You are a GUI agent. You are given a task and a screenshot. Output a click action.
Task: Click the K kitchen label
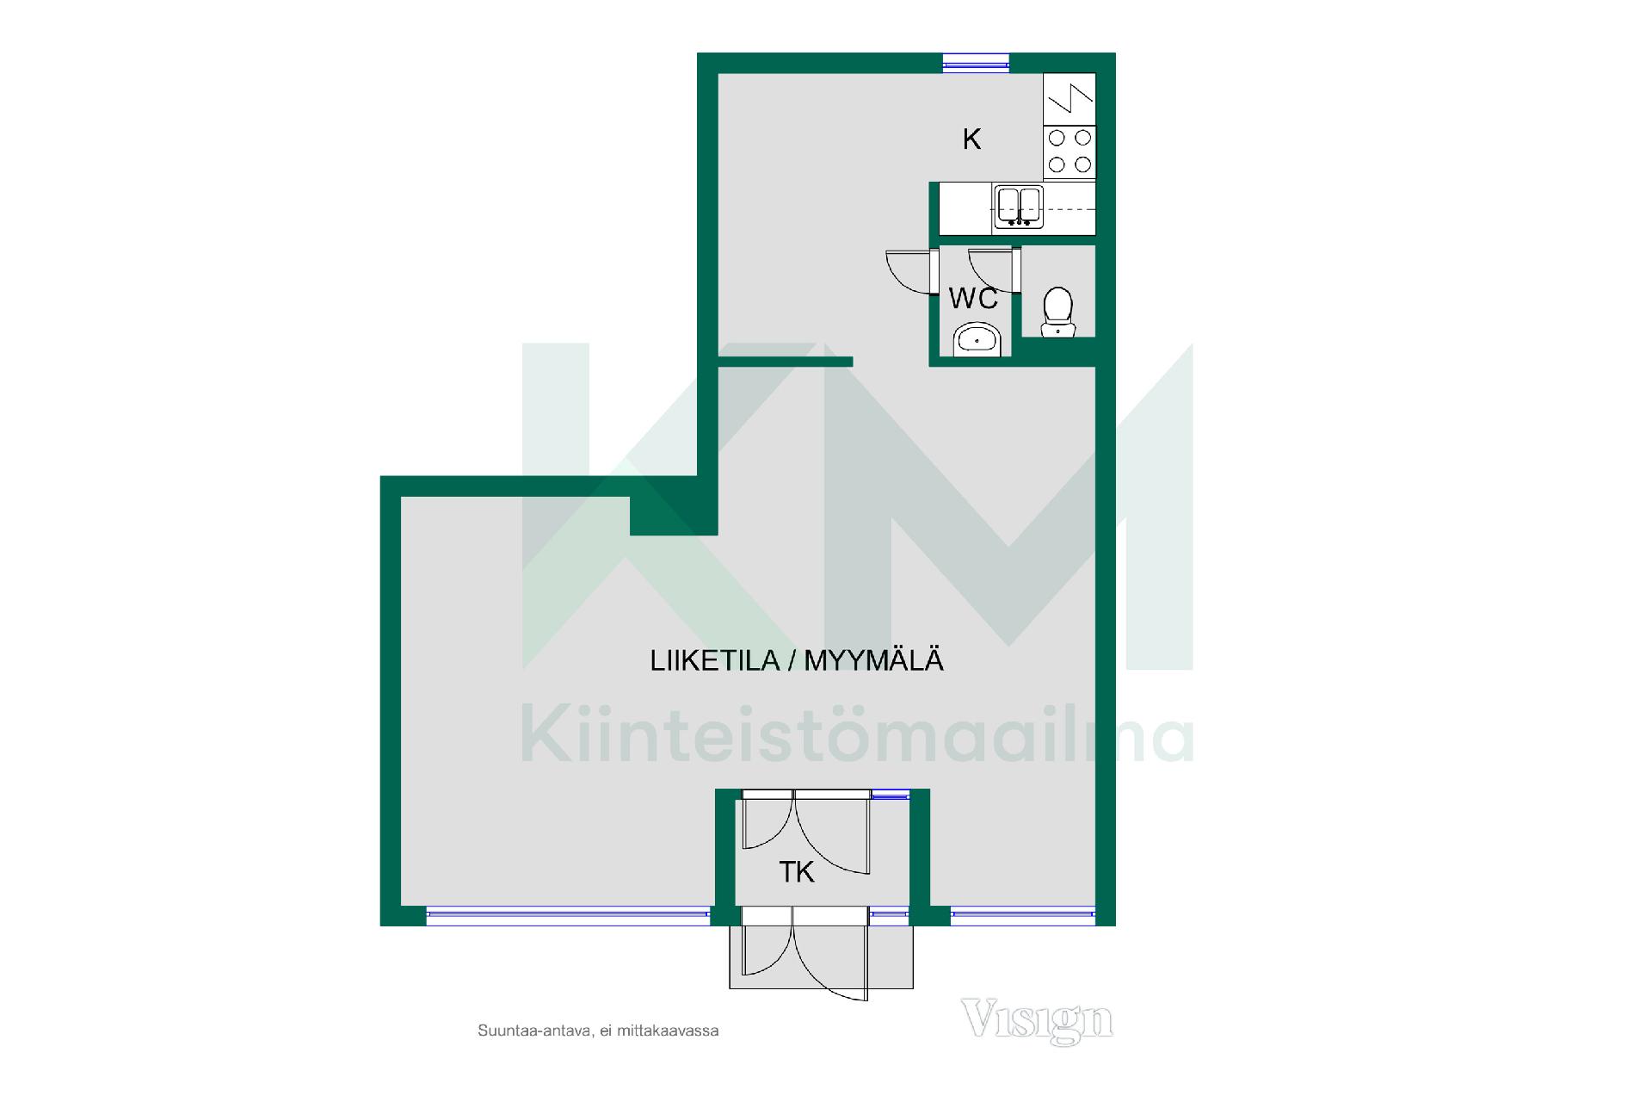point(971,139)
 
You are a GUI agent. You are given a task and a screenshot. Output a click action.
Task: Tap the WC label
point(973,299)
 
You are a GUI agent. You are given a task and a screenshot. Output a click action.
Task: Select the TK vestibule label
point(796,873)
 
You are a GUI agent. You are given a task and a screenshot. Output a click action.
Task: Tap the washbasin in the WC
point(977,340)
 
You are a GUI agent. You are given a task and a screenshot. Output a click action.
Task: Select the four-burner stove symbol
point(1069,152)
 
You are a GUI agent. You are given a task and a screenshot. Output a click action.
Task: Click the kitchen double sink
point(1019,207)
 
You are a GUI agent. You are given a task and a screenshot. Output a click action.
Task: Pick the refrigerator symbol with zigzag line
point(1069,99)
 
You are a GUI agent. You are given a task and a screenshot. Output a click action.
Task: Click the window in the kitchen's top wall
point(976,62)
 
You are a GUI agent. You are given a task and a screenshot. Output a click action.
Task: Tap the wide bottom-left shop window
point(568,916)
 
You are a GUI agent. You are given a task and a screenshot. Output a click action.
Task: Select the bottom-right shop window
point(1022,916)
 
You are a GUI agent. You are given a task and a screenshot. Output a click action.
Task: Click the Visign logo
point(1037,1020)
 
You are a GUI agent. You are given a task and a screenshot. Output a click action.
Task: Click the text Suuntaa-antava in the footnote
point(533,1031)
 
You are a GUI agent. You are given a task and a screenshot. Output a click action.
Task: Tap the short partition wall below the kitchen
point(785,362)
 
